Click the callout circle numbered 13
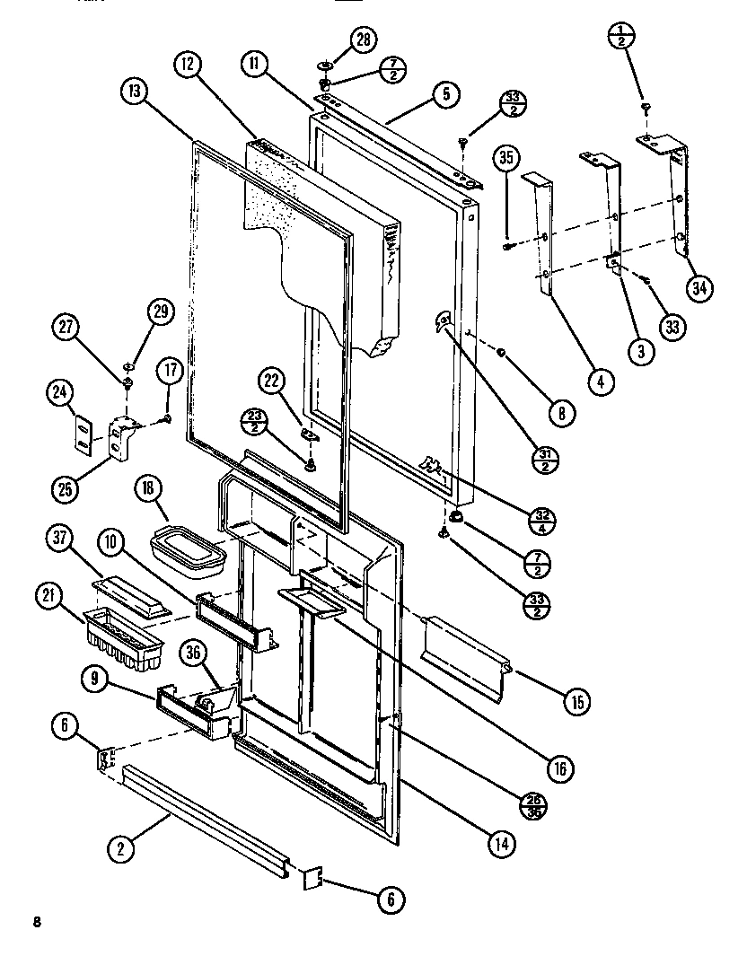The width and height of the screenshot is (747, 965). (x=133, y=92)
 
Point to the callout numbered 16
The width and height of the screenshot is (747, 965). (x=559, y=768)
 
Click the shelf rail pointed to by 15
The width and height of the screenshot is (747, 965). (x=465, y=645)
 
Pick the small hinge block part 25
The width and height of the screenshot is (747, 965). (x=120, y=439)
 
